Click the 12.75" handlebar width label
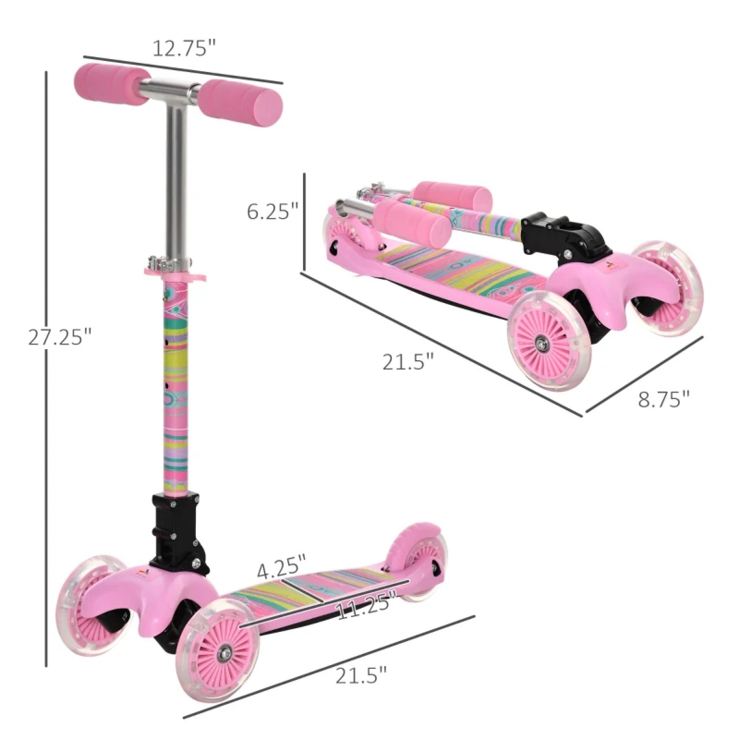185,48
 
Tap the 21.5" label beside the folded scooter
409,361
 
